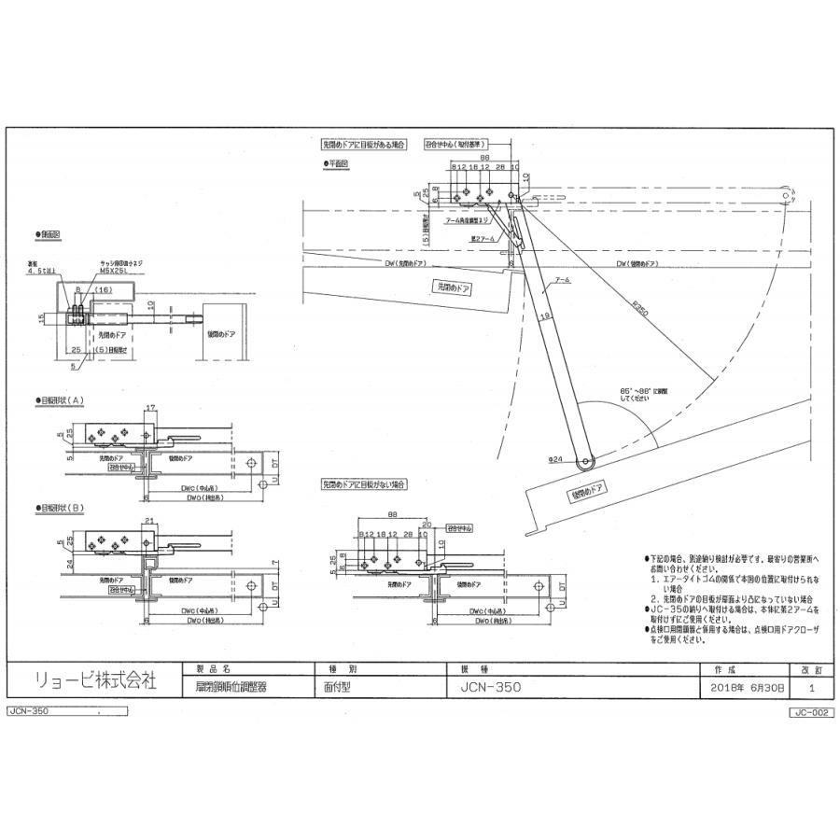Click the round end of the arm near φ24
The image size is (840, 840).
585,461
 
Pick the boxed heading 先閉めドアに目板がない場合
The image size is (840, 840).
364,485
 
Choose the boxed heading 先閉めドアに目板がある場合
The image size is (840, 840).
365,146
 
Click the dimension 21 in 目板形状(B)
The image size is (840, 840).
149,520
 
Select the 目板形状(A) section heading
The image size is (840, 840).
62,400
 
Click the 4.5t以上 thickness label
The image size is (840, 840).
53,273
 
